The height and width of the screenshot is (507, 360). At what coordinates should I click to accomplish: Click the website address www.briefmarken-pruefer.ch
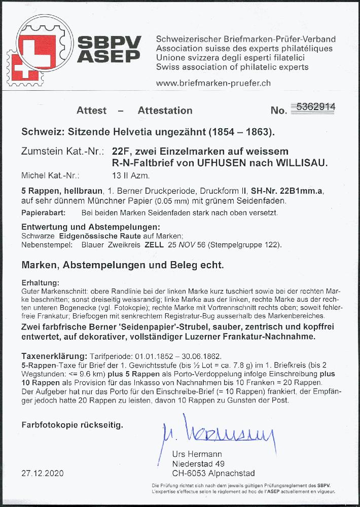pyautogui.click(x=213, y=83)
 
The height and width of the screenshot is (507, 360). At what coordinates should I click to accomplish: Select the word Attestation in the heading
pyautogui.click(x=165, y=111)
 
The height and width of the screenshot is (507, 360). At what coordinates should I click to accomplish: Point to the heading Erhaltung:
pyautogui.click(x=41, y=282)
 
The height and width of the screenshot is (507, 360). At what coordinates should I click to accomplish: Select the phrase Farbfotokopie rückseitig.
pyautogui.click(x=71, y=423)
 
